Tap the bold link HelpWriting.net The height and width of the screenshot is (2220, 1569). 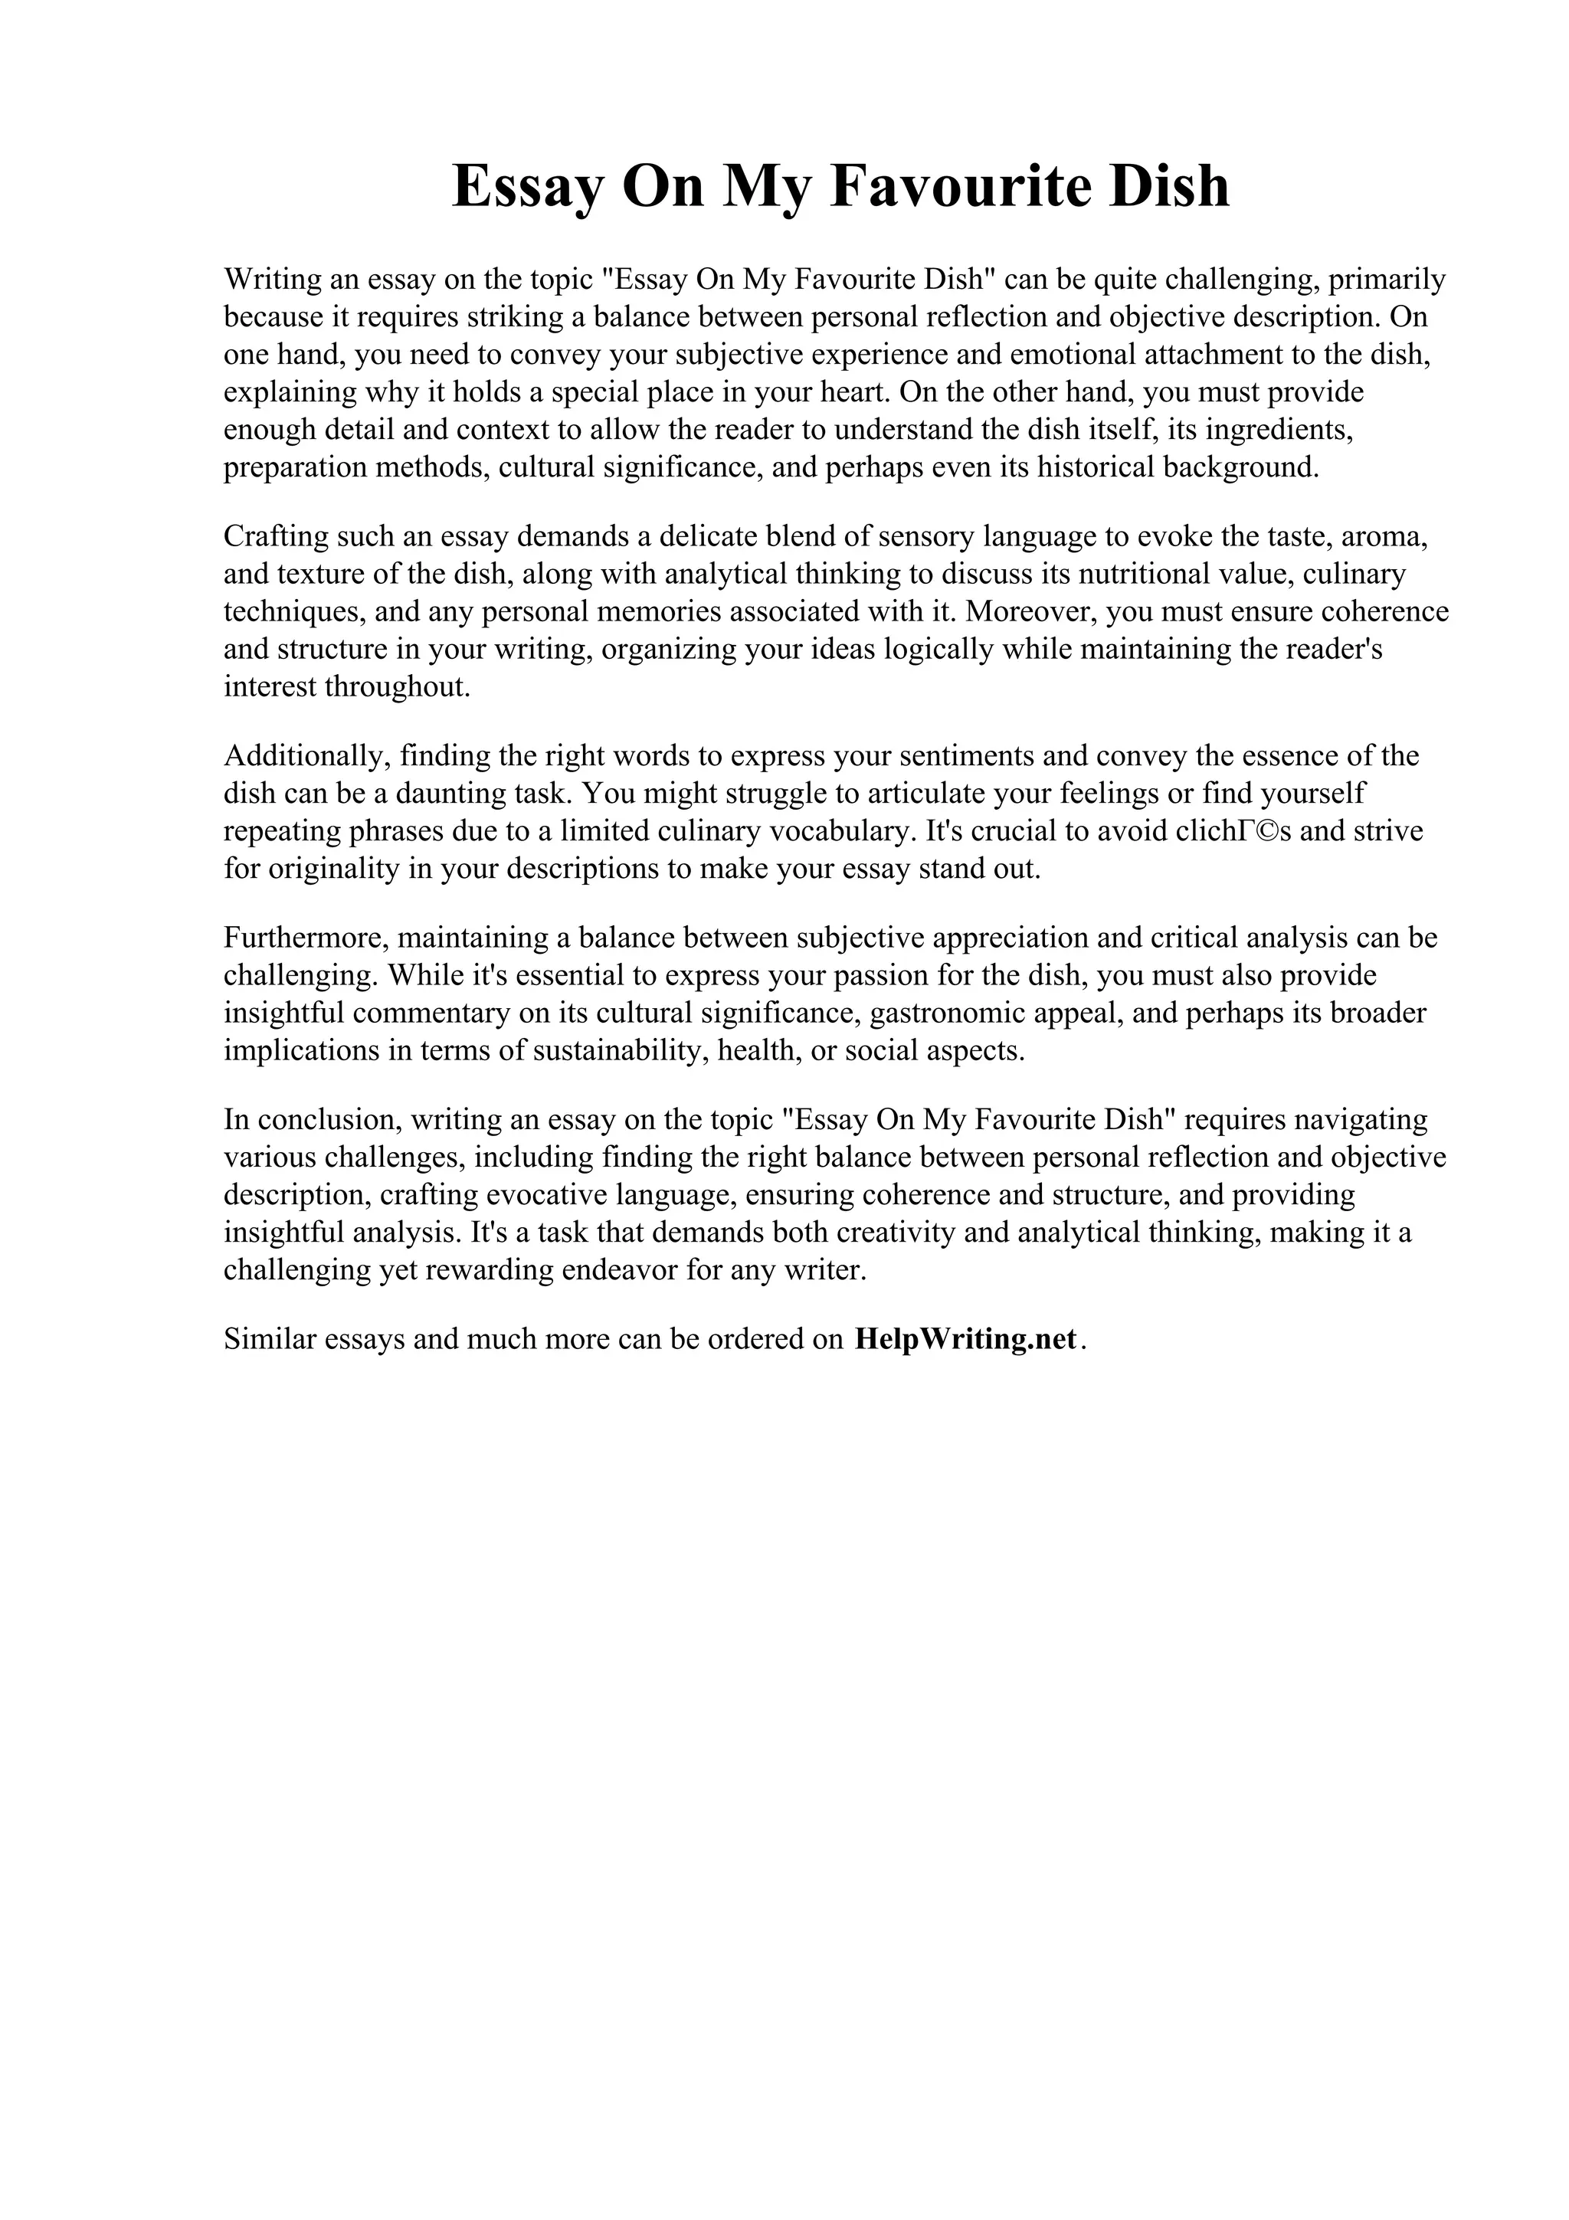pos(966,1339)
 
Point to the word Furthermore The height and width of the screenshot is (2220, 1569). pos(306,937)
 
